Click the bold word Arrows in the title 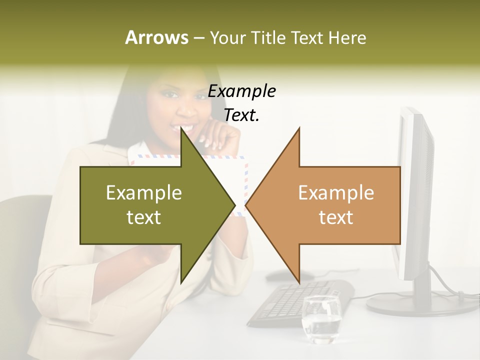click(x=156, y=37)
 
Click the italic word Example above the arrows click(x=241, y=91)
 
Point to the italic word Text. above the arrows click(x=241, y=115)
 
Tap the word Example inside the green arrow click(x=144, y=193)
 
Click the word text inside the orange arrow click(x=336, y=217)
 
